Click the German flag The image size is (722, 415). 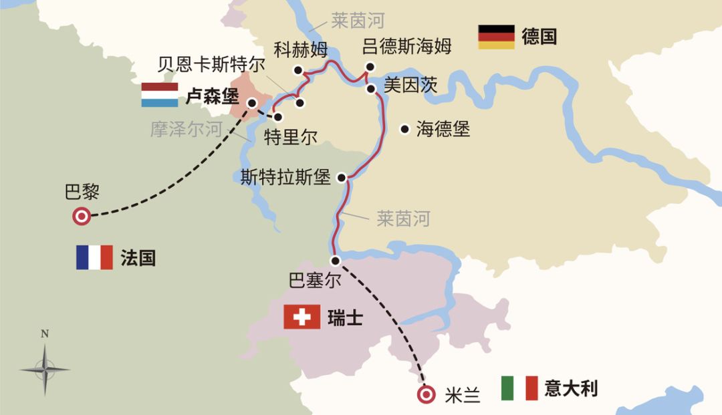coord(496,37)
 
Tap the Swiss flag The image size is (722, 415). coord(302,317)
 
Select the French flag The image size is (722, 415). coord(94,257)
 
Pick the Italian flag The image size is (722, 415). coord(519,388)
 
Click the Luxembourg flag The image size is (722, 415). coord(160,95)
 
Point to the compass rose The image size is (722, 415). coord(44,368)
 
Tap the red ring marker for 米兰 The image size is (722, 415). coord(425,394)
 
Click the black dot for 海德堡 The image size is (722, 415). coord(404,129)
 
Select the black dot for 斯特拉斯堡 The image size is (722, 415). coord(342,178)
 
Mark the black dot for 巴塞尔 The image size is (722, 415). coord(334,261)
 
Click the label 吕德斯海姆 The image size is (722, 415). coord(406,46)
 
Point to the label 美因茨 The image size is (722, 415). coord(410,85)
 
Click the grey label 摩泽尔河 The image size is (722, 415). coord(185,129)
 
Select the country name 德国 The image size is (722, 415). coord(539,36)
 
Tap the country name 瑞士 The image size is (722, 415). coord(345,317)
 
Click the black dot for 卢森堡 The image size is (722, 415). coord(252,102)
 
